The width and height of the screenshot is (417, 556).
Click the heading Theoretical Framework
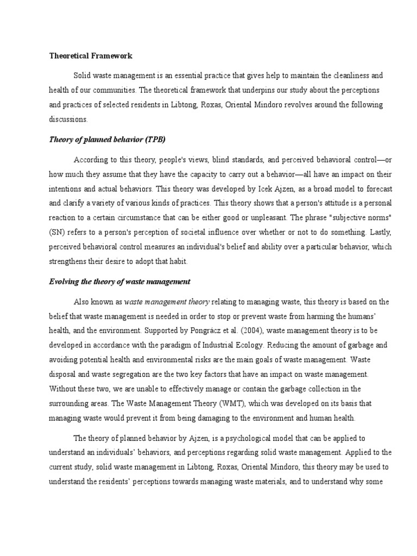[91, 56]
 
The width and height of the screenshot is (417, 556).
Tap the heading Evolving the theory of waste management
[119, 281]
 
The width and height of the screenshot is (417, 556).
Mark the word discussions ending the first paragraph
[68, 118]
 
